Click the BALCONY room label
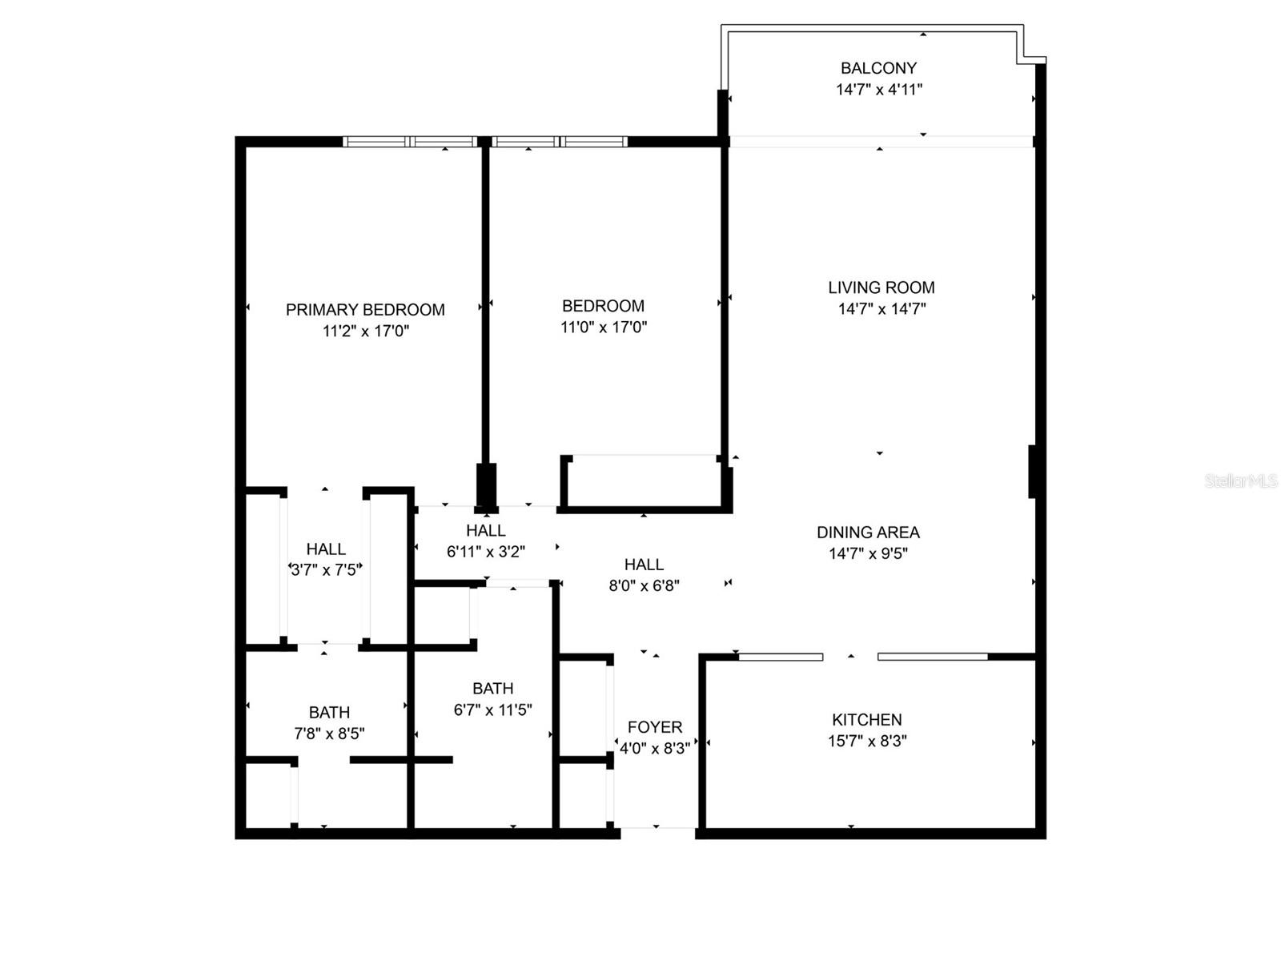878,68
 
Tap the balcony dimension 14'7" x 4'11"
879,90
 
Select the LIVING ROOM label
881,287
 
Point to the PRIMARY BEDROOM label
365,310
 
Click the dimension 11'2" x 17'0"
366,331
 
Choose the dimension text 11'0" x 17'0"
604,327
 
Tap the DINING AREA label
868,533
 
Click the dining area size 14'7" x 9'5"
868,553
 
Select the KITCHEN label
866,720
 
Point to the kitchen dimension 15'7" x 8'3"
866,742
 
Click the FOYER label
655,727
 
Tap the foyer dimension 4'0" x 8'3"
655,749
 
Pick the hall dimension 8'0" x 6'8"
644,585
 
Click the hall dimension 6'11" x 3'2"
485,552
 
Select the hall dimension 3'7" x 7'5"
326,570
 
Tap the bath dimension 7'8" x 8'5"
329,734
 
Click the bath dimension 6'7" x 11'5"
492,710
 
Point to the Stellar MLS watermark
1240,481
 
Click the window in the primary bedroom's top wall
410,142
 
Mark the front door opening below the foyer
657,829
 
